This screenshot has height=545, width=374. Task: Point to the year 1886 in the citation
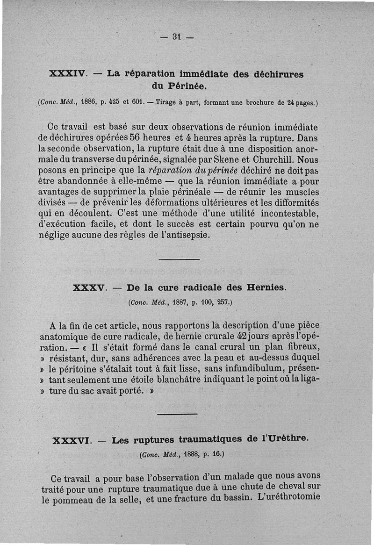pos(89,101)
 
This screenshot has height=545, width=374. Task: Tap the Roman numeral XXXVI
pos(72,440)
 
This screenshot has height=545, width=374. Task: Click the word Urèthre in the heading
pos(286,438)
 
